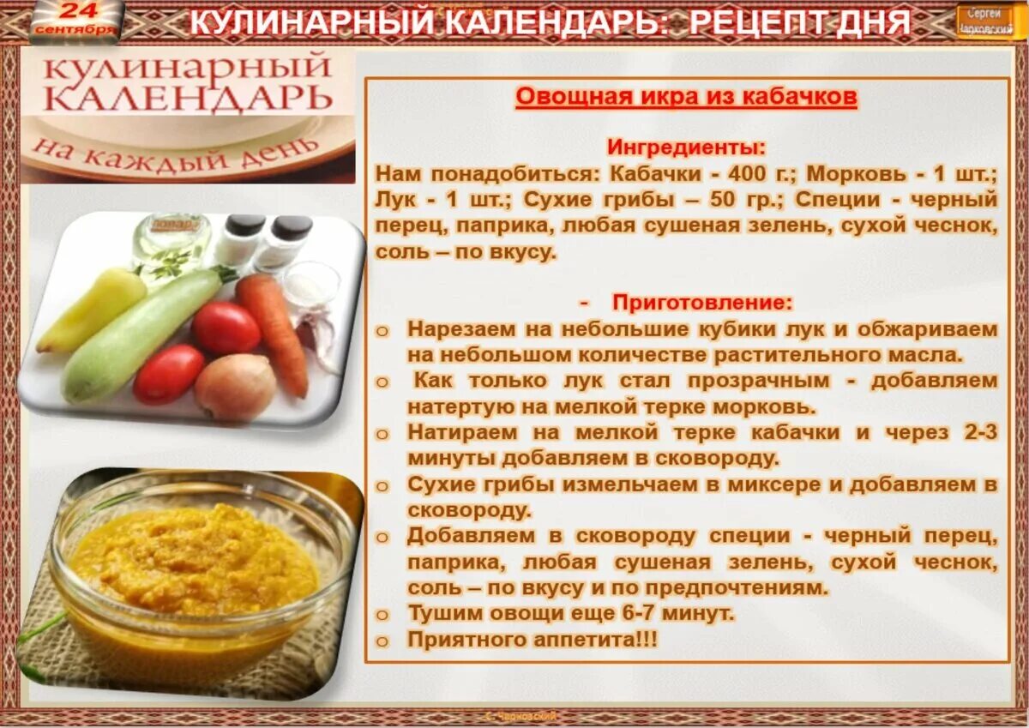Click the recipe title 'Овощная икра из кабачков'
(x=686, y=97)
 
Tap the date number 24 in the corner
(x=79, y=11)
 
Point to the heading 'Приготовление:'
(x=702, y=303)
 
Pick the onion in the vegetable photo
(x=235, y=387)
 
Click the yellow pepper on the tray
(x=91, y=310)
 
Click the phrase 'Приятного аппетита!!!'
(x=532, y=640)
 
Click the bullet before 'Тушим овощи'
(x=382, y=615)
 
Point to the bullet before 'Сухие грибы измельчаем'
(x=382, y=485)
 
